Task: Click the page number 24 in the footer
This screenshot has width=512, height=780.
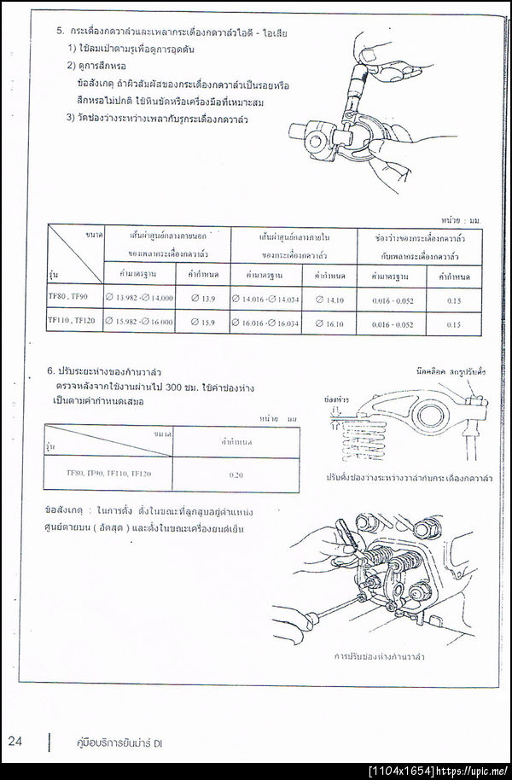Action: [x=16, y=741]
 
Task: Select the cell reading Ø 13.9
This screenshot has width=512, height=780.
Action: [x=202, y=297]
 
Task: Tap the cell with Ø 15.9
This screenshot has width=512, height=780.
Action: [x=202, y=322]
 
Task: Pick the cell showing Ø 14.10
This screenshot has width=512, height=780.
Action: [x=329, y=299]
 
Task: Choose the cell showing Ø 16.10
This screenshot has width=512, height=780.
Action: [x=329, y=323]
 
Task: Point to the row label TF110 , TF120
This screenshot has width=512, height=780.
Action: [x=73, y=320]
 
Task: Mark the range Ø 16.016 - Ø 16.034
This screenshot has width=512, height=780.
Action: [x=266, y=323]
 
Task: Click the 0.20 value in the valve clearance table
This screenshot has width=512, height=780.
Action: [x=237, y=472]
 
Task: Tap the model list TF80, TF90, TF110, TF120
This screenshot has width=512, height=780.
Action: [x=108, y=471]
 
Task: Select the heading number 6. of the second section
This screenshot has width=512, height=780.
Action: [x=52, y=372]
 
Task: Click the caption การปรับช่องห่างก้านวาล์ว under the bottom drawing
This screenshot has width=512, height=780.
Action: [x=381, y=656]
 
